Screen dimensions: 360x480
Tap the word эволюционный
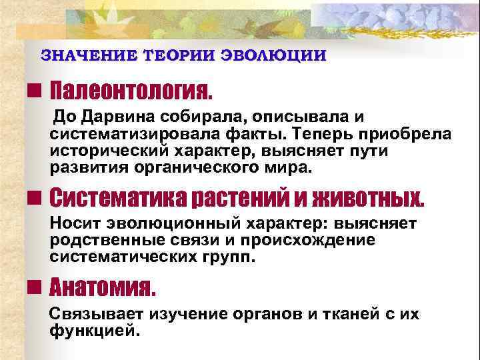[163, 224]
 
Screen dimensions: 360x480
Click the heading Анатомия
[103, 288]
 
